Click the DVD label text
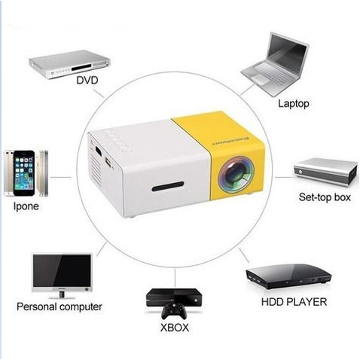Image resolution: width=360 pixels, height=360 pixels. (x=87, y=81)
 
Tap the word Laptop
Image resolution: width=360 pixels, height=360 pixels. (x=294, y=104)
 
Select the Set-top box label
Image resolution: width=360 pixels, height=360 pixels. (x=325, y=197)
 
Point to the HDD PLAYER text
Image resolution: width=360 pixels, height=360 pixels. (x=294, y=302)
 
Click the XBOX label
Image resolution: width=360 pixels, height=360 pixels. (x=175, y=328)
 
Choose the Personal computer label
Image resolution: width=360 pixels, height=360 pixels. (x=59, y=307)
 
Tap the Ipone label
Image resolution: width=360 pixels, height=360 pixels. (x=26, y=206)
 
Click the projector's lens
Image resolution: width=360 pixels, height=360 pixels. (x=236, y=174)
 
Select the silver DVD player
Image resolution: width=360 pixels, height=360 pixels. (x=69, y=64)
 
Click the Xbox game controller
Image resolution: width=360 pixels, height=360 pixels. (x=174, y=311)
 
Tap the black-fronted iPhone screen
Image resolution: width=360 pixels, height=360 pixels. (x=24, y=173)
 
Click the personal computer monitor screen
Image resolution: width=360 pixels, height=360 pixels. (x=62, y=270)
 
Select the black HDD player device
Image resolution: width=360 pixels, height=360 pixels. (x=288, y=276)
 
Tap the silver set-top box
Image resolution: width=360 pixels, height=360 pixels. (x=326, y=172)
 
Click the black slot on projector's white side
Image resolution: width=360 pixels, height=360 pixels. (x=168, y=187)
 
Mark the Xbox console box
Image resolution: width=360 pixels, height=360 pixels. (x=174, y=297)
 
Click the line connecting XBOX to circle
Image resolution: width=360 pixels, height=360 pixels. (x=175, y=278)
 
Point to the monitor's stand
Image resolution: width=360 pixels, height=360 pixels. (x=62, y=295)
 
